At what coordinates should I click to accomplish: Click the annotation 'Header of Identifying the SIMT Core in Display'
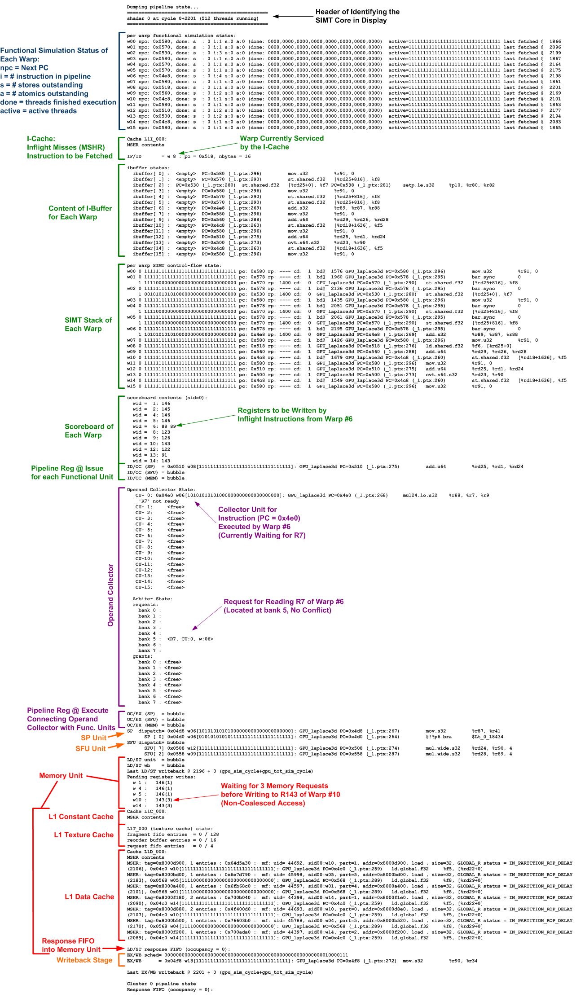pyautogui.click(x=357, y=16)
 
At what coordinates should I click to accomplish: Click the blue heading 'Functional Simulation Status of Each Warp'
pyautogui.click(x=54, y=55)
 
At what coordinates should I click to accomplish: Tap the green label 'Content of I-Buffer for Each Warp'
pyautogui.click(x=80, y=212)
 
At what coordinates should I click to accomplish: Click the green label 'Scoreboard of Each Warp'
pyautogui.click(x=89, y=431)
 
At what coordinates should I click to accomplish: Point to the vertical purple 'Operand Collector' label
pyautogui.click(x=111, y=595)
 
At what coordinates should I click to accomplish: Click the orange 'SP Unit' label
pyautogui.click(x=93, y=738)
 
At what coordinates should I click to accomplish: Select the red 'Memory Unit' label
pyautogui.click(x=61, y=775)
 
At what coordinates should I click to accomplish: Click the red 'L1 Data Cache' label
pyautogui.click(x=89, y=897)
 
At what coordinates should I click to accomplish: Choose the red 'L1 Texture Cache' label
pyautogui.click(x=84, y=835)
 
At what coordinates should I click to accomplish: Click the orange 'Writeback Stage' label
pyautogui.click(x=84, y=960)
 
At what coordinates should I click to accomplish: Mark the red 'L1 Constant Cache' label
pyautogui.click(x=81, y=817)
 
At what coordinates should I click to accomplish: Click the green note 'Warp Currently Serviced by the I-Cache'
pyautogui.click(x=282, y=143)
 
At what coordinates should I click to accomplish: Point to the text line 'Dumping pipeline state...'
pyautogui.click(x=156, y=7)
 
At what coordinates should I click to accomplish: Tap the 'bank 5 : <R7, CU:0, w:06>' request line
pyautogui.click(x=176, y=639)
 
